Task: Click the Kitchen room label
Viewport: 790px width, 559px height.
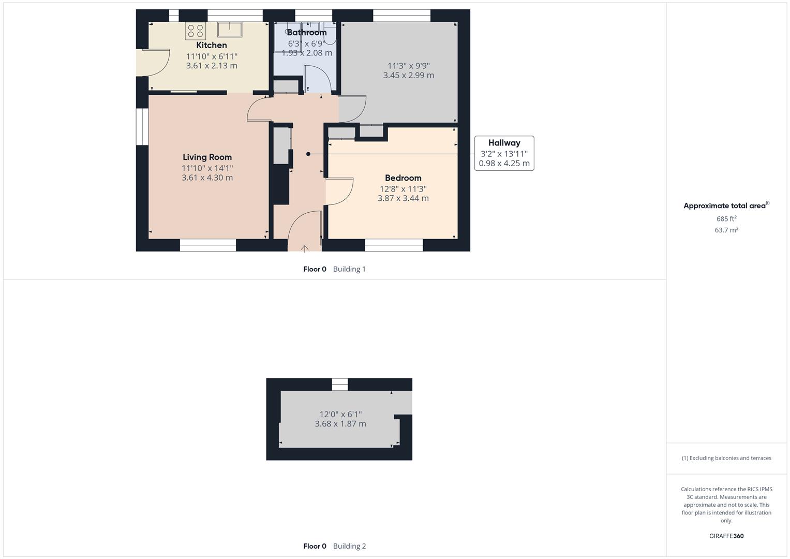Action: tap(211, 45)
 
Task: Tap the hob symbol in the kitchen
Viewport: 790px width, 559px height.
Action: tap(196, 31)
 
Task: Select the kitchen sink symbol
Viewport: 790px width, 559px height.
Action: tap(230, 30)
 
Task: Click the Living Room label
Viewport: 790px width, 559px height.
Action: tap(207, 157)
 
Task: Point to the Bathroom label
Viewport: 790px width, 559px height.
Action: tap(306, 33)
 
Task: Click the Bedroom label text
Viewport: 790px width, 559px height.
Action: tap(403, 178)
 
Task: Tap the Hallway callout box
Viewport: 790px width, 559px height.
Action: tap(504, 153)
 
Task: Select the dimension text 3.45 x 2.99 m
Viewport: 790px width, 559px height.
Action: tap(408, 76)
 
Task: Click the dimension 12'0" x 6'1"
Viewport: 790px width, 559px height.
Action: tap(340, 414)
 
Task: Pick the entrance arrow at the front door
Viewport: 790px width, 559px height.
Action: tap(305, 249)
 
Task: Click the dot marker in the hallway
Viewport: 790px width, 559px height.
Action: tap(308, 154)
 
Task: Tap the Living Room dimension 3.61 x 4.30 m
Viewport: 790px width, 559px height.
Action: tap(207, 178)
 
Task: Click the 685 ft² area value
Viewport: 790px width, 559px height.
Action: tap(726, 219)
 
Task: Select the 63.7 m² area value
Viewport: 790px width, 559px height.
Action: tap(726, 230)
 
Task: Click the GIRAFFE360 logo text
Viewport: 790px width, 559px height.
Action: tap(726, 536)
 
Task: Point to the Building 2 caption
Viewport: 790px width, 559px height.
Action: tap(349, 546)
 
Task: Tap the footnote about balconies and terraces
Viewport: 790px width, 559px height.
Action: tap(726, 458)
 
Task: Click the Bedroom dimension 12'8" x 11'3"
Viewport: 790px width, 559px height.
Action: tap(403, 189)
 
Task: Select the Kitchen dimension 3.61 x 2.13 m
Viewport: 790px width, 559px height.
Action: tap(212, 66)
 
